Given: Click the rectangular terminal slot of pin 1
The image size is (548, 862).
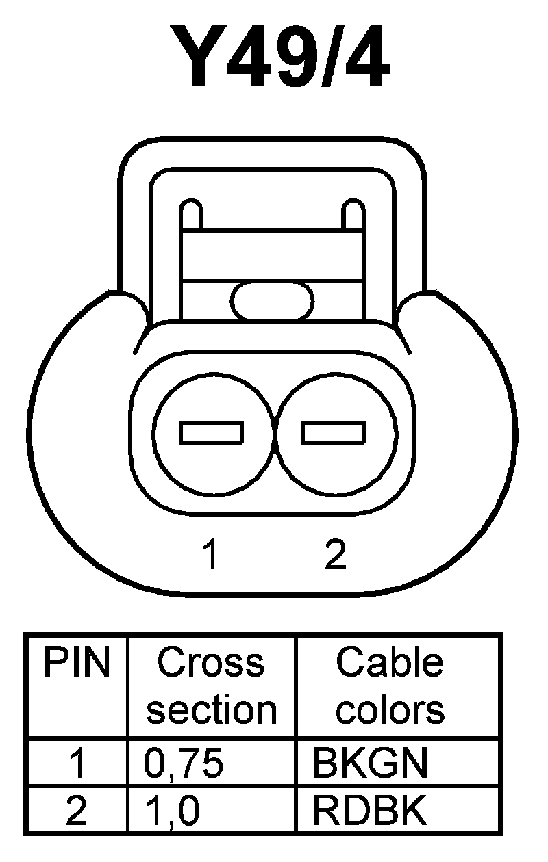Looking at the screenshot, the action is coord(212,432).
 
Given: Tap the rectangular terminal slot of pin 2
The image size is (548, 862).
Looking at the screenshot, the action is coord(334,432).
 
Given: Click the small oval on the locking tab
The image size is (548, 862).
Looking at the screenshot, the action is coord(273,300).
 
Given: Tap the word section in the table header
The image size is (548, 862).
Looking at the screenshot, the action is coord(212,709).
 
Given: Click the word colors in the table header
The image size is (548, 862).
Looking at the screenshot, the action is coord(390,709).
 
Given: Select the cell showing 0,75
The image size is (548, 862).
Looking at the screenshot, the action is coord(184,763).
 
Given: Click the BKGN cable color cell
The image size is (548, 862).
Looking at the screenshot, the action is coord(369,763).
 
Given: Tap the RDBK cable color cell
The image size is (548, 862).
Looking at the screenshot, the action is coord(369,812).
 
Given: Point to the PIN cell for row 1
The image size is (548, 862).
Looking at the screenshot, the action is coord(77,763).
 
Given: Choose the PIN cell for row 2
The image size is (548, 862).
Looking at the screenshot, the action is coord(77,812).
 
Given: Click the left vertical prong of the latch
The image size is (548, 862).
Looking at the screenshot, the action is coord(191,215).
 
